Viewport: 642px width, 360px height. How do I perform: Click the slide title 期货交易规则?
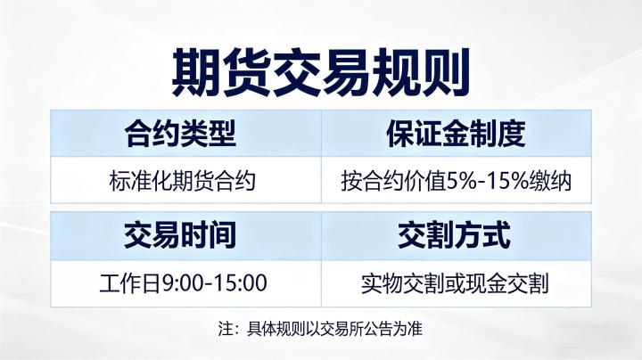point(320,70)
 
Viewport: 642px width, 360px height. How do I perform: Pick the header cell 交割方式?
point(456,236)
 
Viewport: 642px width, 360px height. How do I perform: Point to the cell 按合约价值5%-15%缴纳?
point(456,182)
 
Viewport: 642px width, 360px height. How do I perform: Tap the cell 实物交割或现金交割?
point(456,284)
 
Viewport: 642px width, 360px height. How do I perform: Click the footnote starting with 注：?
point(320,328)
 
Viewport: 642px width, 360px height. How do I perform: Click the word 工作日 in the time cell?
point(128,284)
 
